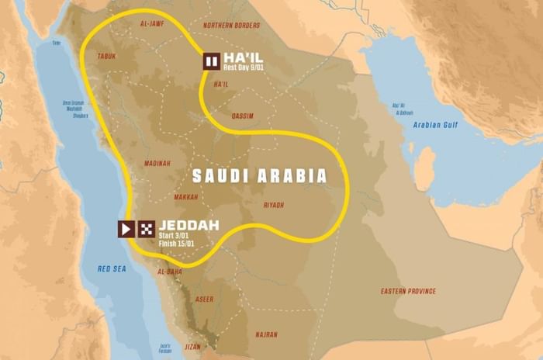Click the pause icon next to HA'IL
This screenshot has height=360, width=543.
click(x=211, y=62)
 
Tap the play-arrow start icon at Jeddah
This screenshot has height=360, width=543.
click(x=126, y=229)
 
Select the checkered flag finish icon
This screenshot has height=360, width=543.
click(x=146, y=229)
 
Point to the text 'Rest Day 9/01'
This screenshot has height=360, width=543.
click(x=247, y=68)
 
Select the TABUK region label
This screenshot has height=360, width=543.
click(x=107, y=56)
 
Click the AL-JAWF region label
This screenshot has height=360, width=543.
click(x=152, y=25)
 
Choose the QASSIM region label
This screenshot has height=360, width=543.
click(x=243, y=116)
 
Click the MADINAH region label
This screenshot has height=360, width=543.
click(x=157, y=163)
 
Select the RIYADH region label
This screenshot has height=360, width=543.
click(x=273, y=205)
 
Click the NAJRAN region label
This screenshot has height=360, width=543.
click(x=266, y=334)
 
